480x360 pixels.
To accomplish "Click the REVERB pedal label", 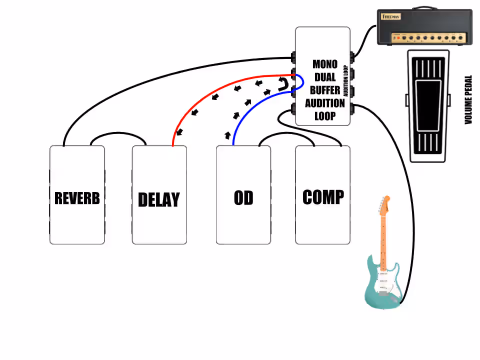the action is (77, 198).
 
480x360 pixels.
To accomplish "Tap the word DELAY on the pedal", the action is (159, 199).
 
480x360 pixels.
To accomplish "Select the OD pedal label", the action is (243, 198).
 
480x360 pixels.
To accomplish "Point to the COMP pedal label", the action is (323, 197).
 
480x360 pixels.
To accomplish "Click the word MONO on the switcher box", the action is (325, 64).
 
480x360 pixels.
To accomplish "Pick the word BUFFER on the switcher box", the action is (325, 90).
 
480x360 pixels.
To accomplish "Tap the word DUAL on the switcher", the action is (325, 77).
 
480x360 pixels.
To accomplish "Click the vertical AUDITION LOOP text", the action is (346, 81).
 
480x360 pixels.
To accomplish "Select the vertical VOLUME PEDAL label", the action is (468, 100).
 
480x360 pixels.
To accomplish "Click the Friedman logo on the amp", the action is (391, 16).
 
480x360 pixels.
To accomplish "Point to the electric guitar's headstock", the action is (385, 205).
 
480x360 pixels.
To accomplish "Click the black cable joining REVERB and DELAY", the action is (118, 133).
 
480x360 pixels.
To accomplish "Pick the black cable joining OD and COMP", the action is (287, 133).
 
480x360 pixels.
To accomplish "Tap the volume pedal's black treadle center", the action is (428, 105).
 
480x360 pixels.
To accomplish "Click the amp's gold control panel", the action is (429, 38).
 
